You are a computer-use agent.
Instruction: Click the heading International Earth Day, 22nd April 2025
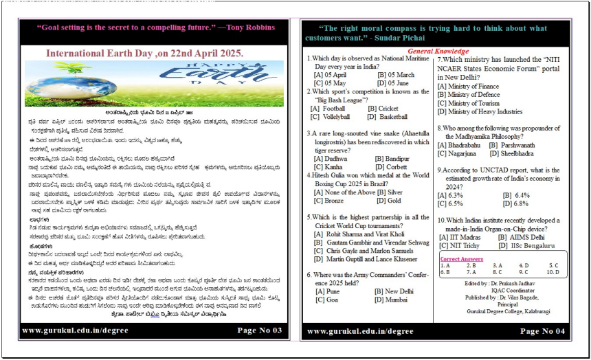(x=144, y=53)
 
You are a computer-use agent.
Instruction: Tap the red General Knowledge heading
(x=438, y=52)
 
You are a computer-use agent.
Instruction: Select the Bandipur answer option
(x=392, y=159)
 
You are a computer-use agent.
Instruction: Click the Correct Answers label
(x=462, y=259)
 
